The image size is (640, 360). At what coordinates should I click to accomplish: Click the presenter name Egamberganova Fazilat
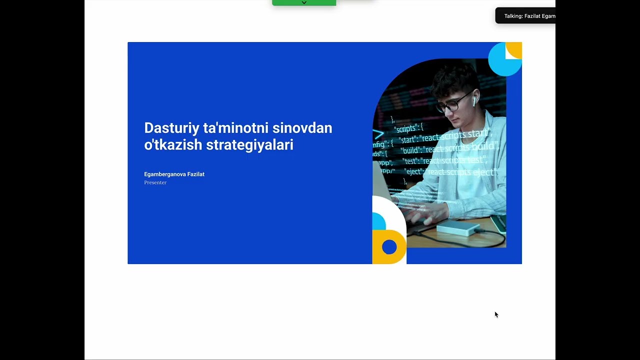click(x=174, y=174)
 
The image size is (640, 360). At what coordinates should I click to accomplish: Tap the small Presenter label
click(x=155, y=182)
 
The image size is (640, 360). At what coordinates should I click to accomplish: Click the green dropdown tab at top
click(x=304, y=3)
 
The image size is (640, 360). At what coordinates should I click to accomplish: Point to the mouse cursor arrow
click(x=496, y=314)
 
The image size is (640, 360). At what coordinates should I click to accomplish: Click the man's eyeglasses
click(x=452, y=103)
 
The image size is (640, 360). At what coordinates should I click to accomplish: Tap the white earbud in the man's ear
click(x=473, y=101)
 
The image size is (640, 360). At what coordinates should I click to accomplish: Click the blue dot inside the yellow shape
click(x=389, y=246)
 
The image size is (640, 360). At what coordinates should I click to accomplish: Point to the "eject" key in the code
click(x=414, y=172)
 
